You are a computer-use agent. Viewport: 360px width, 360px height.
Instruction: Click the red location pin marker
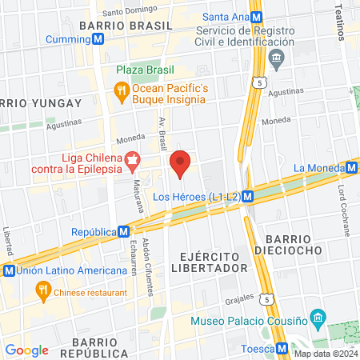point(181,163)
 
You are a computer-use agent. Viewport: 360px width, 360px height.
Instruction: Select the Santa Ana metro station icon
point(256,17)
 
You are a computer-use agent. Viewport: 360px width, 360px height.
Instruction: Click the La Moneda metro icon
point(352,167)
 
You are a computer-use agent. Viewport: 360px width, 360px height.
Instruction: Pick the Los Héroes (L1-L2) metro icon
point(249,196)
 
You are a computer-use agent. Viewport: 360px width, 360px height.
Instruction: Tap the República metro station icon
point(123,231)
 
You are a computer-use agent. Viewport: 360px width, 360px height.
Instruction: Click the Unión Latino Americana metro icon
point(9,270)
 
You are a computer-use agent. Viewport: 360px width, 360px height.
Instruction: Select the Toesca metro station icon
point(282,348)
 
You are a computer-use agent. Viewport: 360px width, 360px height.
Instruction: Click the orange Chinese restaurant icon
point(41,292)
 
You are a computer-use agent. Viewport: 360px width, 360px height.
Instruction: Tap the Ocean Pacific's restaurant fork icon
point(122,90)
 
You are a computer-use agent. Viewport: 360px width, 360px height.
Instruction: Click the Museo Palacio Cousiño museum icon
point(318,317)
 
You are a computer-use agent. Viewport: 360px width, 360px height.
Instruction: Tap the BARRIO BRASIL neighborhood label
point(125,26)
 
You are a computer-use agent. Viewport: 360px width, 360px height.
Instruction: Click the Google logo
point(26,350)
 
